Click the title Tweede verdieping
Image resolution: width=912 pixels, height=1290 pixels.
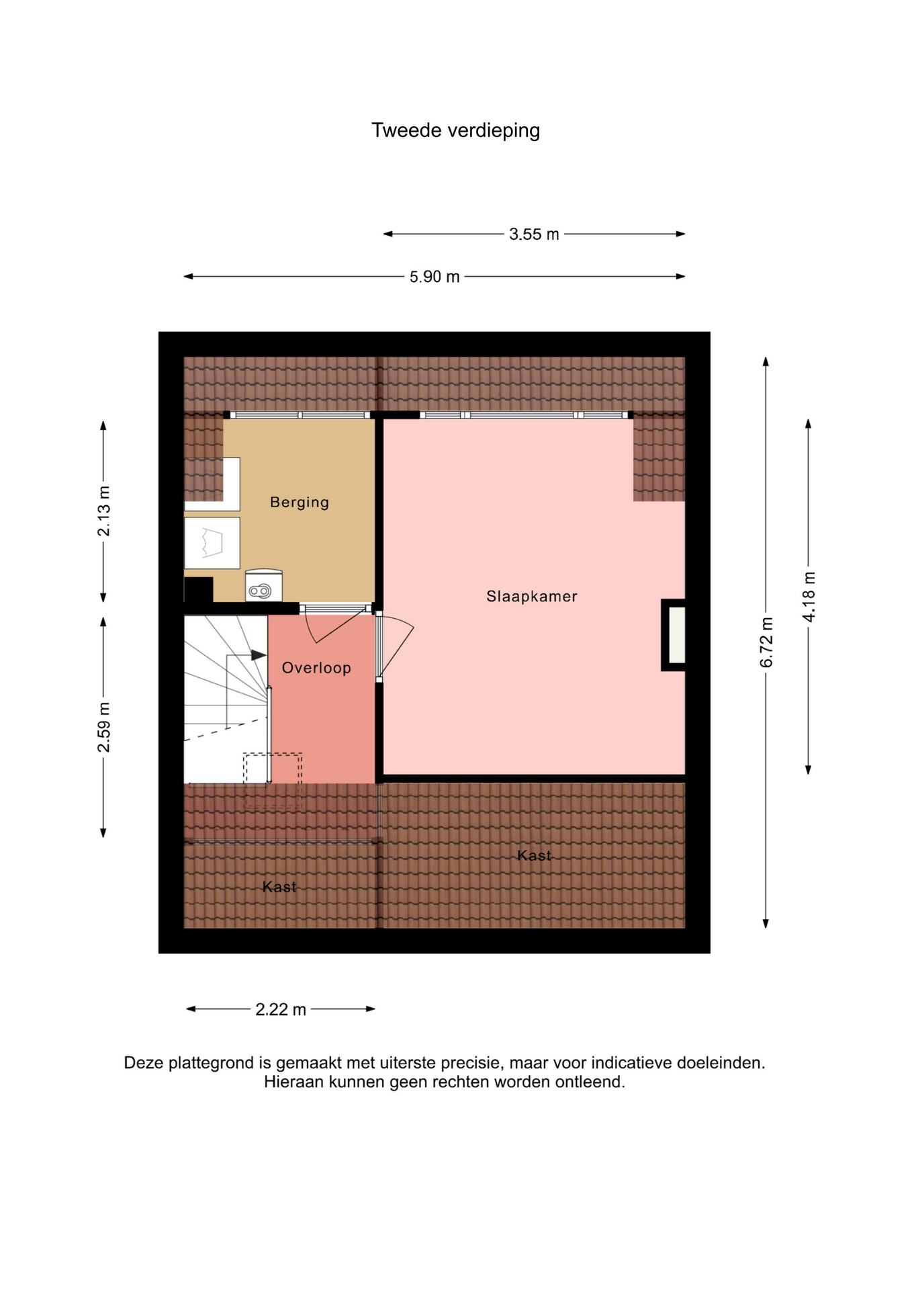455,130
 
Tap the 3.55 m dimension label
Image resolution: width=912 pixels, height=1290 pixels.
534,234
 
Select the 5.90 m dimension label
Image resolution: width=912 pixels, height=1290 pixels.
435,277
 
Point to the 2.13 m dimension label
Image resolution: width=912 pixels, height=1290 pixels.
104,511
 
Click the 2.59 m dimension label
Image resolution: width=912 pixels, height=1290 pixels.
104,727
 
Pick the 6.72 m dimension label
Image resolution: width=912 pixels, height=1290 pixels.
766,642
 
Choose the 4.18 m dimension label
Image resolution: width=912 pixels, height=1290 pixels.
809,597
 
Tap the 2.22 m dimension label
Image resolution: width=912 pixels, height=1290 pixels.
281,1009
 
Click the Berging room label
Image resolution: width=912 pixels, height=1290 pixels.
300,502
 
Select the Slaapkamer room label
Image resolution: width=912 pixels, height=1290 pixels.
532,596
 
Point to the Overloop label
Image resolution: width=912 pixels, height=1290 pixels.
316,668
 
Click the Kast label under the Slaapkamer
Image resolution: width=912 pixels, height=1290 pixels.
535,855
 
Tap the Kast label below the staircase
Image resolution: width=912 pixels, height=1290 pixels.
279,887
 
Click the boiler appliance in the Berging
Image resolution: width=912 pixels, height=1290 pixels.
264,585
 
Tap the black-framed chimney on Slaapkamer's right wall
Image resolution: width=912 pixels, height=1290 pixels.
674,635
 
